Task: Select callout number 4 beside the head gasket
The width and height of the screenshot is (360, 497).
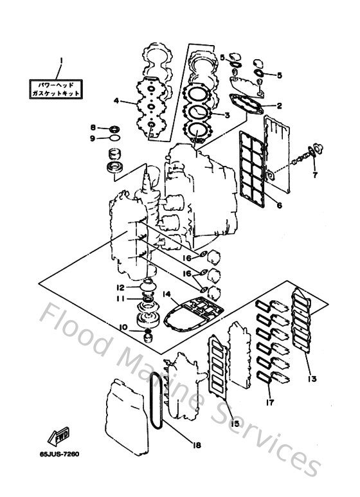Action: (116, 101)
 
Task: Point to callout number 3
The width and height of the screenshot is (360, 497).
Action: (227, 115)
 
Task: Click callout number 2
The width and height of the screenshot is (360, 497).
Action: (279, 105)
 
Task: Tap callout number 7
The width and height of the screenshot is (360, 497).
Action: (315, 174)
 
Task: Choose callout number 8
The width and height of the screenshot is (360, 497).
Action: (93, 127)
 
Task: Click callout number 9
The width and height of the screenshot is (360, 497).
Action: (93, 138)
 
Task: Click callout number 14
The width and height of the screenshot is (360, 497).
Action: (166, 294)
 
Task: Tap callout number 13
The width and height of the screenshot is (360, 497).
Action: (311, 379)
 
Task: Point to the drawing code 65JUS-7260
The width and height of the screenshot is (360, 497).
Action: (59, 453)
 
